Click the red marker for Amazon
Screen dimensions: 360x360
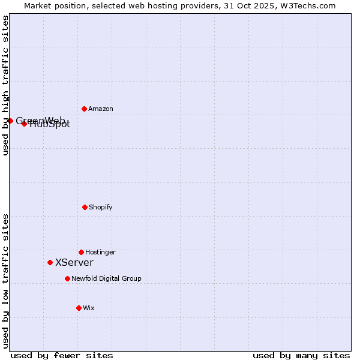84,109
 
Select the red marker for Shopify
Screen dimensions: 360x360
85,207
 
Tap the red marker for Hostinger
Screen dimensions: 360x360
81,252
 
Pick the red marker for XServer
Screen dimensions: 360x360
50,262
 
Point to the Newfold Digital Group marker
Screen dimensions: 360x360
67,278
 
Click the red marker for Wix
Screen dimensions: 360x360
79,308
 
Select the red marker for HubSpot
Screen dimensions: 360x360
24,124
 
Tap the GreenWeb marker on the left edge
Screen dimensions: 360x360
10,121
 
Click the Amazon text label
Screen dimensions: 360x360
101,109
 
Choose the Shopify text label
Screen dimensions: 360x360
101,207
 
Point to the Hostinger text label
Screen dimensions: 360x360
100,252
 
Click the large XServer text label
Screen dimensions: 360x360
74,262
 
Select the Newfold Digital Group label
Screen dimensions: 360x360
106,278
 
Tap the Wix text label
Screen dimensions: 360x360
89,308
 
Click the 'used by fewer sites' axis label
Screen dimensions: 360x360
62,355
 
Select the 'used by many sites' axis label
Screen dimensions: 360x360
301,355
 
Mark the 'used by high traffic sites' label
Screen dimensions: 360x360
5,85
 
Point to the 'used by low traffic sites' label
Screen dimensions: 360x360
5,281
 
